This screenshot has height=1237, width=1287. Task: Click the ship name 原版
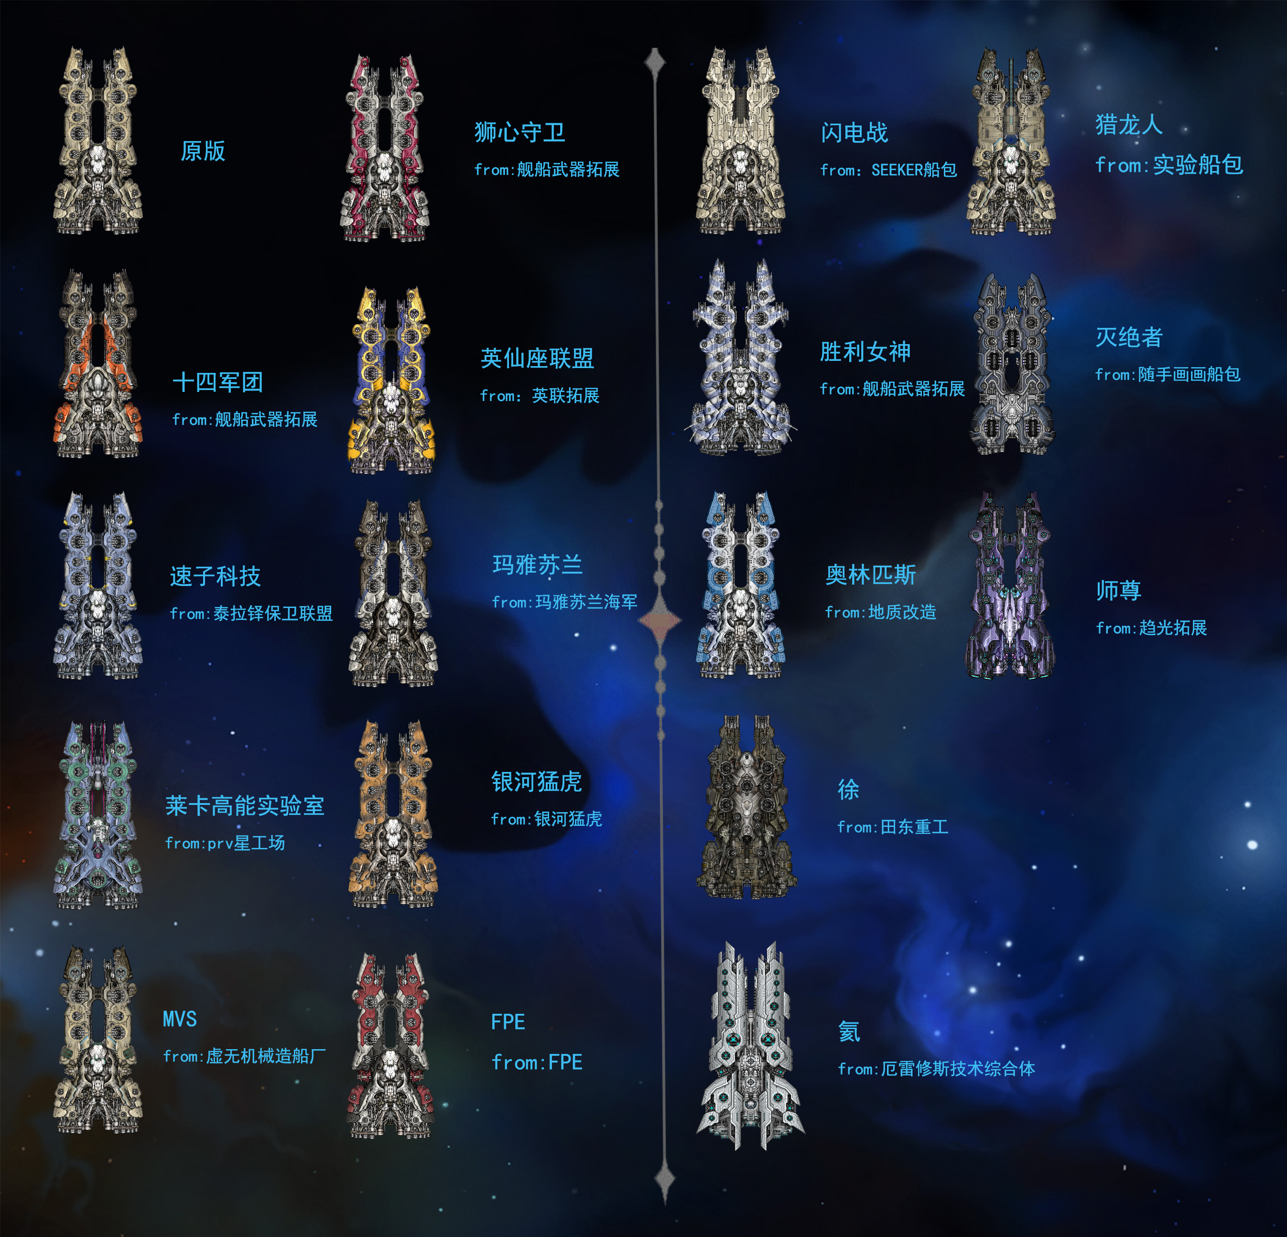[x=203, y=151]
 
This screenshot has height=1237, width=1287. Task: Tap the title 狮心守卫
[x=519, y=132]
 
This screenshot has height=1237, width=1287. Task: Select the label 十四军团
[x=217, y=382]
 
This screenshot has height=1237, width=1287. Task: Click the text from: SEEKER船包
[x=888, y=170]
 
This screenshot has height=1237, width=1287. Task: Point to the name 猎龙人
[x=1129, y=124]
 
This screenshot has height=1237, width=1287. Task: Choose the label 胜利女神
[x=865, y=352]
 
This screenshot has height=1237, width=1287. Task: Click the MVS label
[x=180, y=1019]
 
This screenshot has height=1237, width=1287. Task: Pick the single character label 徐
[x=848, y=789]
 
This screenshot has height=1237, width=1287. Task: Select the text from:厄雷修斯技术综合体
[x=936, y=1069]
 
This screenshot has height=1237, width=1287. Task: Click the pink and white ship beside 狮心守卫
[x=385, y=148]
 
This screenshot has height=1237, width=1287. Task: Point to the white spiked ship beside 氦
[x=750, y=1045]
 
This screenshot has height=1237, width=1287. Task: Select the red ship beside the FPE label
[x=391, y=1045]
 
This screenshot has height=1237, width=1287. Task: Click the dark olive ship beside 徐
[x=746, y=808]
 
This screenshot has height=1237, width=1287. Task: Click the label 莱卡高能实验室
[x=244, y=805]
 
